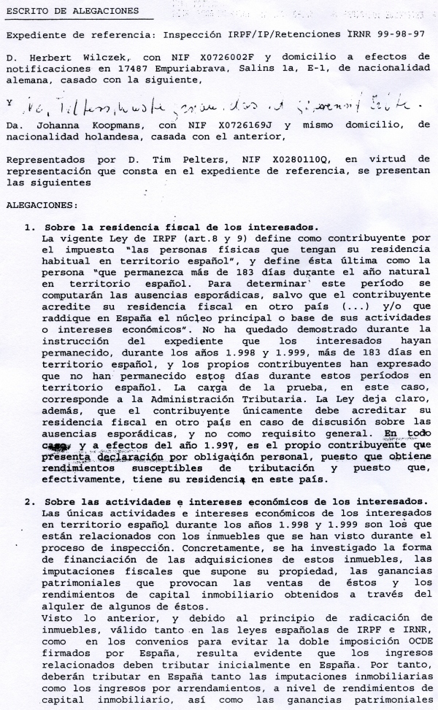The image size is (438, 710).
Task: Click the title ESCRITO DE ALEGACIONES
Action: click(x=72, y=11)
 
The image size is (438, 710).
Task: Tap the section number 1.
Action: click(x=30, y=228)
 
